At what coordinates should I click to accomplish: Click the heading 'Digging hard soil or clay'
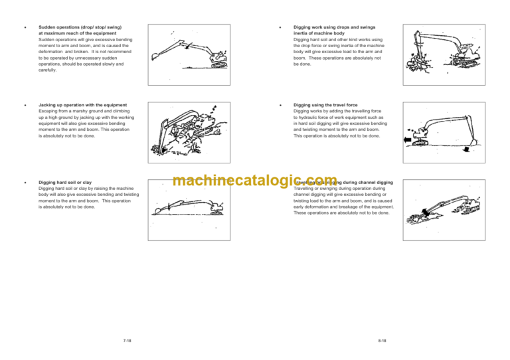(x=66, y=182)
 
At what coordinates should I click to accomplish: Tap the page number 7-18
(x=127, y=340)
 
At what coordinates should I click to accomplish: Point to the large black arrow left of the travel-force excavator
(x=404, y=140)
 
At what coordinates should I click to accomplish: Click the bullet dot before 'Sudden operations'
(x=25, y=29)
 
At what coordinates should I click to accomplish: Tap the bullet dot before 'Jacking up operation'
(x=25, y=106)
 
